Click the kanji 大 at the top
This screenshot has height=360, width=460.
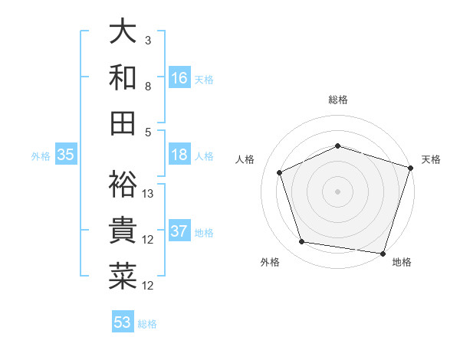[x=123, y=32]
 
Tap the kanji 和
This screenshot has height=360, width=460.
[x=123, y=77]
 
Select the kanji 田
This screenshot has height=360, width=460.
[x=123, y=123]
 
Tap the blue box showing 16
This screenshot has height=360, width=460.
[x=179, y=78]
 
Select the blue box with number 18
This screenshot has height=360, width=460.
[x=179, y=155]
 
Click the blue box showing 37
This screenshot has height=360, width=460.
[x=179, y=232]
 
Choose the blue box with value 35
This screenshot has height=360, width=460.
[x=66, y=155]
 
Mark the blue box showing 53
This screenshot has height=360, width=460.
[x=123, y=322]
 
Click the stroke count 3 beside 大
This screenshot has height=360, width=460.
[x=148, y=40]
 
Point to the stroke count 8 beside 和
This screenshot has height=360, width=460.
[x=148, y=87]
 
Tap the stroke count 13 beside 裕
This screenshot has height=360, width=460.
[x=149, y=193]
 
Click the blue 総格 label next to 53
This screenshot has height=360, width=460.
[x=147, y=324]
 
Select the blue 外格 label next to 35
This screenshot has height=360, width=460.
[x=41, y=156]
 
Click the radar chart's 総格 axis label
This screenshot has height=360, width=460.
[x=338, y=100]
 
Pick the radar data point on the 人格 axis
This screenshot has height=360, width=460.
[x=280, y=172]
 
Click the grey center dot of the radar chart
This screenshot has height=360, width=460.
[x=338, y=191]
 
